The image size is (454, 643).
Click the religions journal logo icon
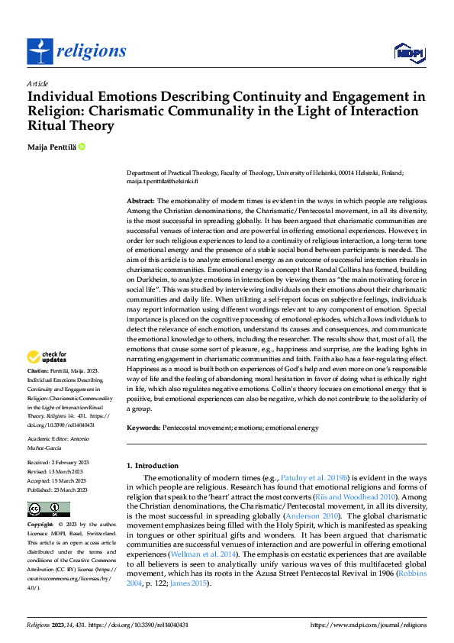[40, 51]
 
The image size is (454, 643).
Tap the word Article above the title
[37, 83]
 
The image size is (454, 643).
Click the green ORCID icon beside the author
[82, 145]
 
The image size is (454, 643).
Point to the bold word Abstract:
[141, 200]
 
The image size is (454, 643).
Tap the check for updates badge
[47, 357]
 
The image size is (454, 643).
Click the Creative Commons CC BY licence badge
[48, 509]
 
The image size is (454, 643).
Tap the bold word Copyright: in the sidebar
[41, 525]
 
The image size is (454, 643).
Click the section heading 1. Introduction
[153, 466]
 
